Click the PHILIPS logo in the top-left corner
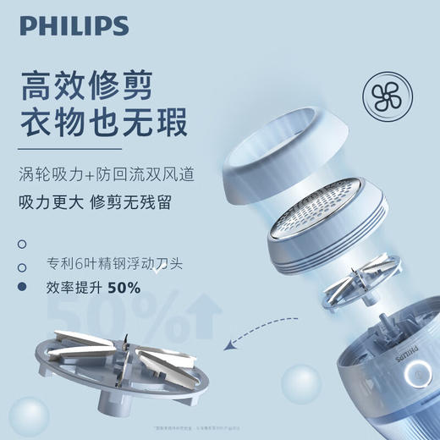74,26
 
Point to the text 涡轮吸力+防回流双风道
106,176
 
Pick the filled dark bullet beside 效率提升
22,288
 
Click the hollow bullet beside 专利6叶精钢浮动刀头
22,265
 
